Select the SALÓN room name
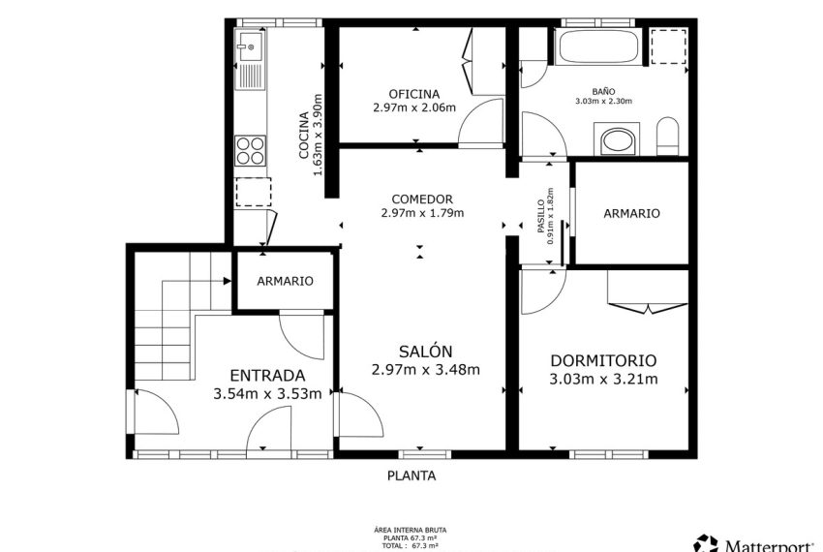[x=425, y=352]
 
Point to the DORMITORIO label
[x=603, y=359]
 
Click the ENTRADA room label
[x=267, y=376]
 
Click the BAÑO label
[x=602, y=90]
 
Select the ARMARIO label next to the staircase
[x=285, y=281]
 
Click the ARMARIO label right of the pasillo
[x=631, y=213]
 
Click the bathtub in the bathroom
[x=595, y=45]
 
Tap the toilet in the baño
[x=668, y=137]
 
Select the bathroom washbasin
[x=616, y=141]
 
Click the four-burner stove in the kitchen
[x=250, y=150]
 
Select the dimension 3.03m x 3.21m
[x=603, y=379]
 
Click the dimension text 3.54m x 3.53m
[x=267, y=393]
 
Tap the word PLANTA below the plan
[x=411, y=475]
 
